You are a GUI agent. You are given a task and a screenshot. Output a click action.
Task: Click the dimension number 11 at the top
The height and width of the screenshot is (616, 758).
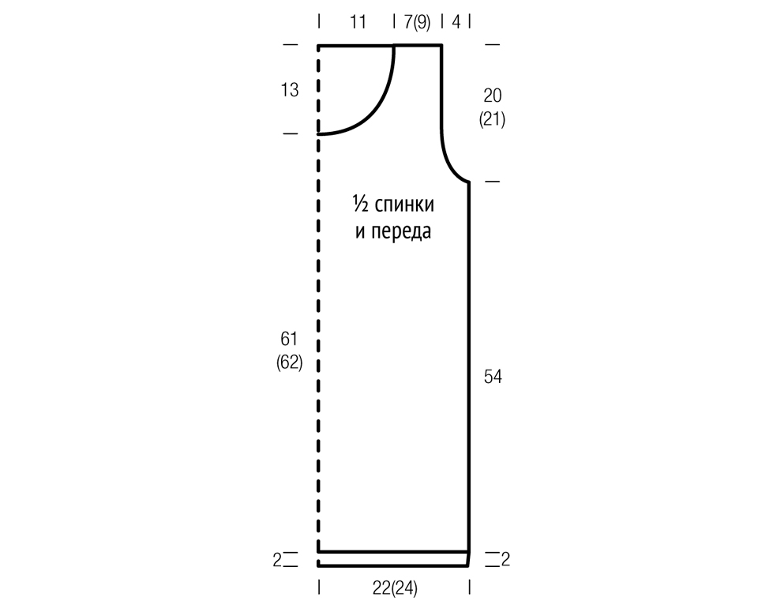pyautogui.click(x=358, y=22)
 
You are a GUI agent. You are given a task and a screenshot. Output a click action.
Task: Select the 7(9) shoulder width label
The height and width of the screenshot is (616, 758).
pyautogui.click(x=417, y=22)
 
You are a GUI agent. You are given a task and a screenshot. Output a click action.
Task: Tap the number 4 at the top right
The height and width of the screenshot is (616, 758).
pyautogui.click(x=456, y=22)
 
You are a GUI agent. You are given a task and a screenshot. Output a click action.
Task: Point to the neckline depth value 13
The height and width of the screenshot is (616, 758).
pyautogui.click(x=290, y=90)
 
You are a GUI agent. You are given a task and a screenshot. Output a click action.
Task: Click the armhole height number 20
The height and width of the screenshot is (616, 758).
pyautogui.click(x=492, y=96)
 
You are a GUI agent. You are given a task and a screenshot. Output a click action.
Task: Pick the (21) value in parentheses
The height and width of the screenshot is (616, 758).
pyautogui.click(x=492, y=119)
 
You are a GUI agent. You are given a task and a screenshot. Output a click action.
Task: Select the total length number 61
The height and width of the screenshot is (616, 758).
pyautogui.click(x=289, y=339)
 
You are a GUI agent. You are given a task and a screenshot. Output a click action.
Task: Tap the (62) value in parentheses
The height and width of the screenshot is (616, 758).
pyautogui.click(x=289, y=362)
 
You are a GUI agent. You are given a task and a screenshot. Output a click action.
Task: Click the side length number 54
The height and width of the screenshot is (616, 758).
pyautogui.click(x=493, y=376)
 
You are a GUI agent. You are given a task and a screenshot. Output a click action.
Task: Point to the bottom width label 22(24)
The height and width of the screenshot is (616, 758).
pyautogui.click(x=395, y=588)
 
